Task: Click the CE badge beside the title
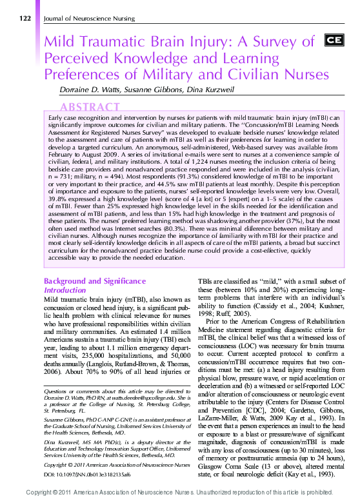pos(333,41)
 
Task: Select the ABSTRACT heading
pos(90,107)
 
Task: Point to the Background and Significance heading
pos(94,281)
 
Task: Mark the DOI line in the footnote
pos(86,456)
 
